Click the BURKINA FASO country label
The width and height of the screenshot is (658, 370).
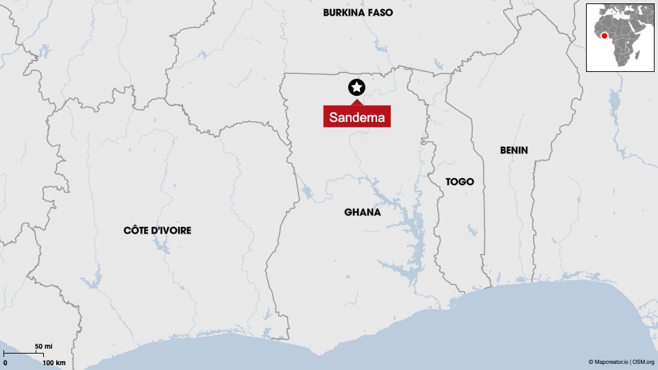pos(358,12)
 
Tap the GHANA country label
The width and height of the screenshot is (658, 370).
pos(363,212)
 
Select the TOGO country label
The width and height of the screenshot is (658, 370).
pos(459,182)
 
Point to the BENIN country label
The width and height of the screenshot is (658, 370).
pos(514,150)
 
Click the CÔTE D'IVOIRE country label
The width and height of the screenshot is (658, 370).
pos(157,230)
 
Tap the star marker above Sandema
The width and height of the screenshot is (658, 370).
pos(356,87)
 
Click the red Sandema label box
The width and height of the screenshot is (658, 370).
pos(356,117)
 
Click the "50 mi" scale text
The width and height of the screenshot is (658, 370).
pos(44,346)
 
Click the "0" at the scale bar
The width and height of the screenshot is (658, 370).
pos(5,362)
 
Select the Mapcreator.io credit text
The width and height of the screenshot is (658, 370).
pos(609,362)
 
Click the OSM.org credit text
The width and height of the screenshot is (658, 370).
pos(644,362)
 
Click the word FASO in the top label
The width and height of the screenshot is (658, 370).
pos(379,12)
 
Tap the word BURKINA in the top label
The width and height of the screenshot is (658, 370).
pos(343,12)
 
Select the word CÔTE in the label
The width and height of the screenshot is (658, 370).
pos(135,230)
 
